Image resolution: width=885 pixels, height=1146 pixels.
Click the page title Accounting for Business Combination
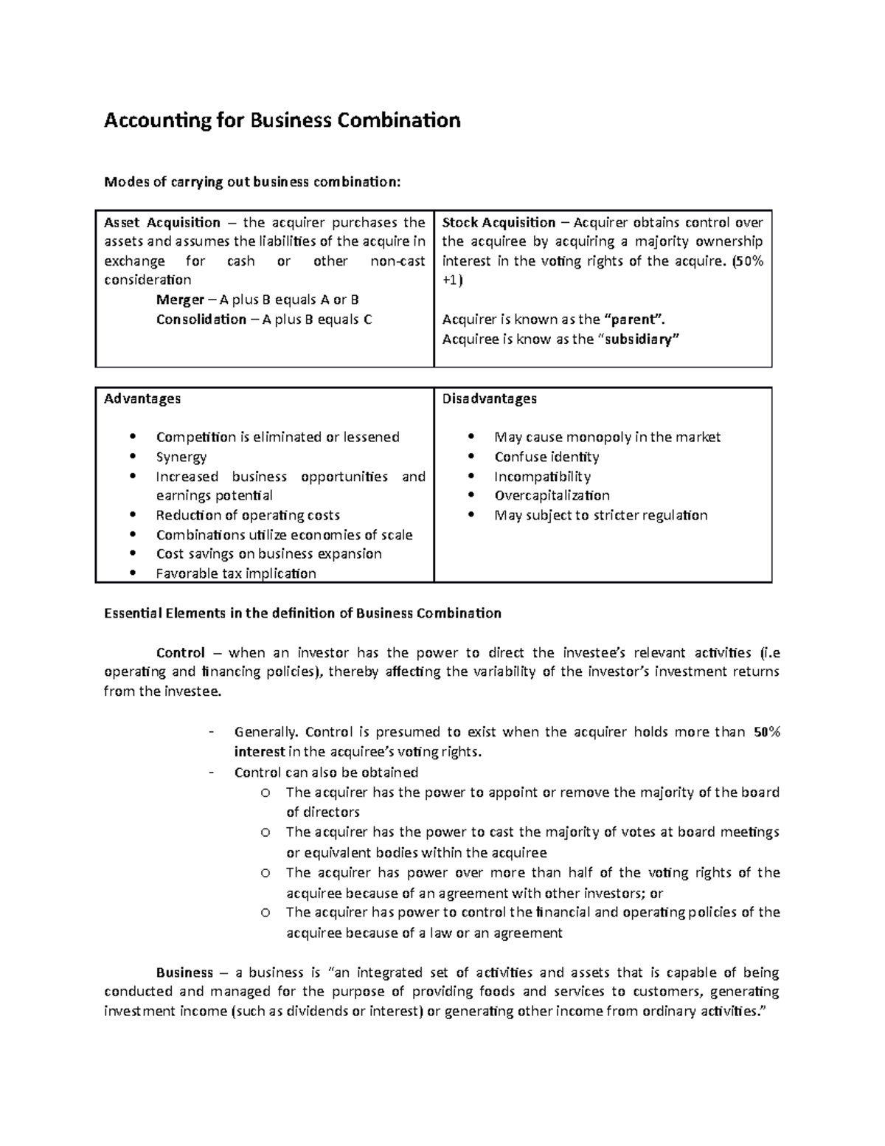(x=282, y=120)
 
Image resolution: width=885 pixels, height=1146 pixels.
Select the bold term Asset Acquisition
(x=162, y=222)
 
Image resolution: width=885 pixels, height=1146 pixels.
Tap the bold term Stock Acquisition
(x=499, y=222)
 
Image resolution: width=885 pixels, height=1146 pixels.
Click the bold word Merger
(x=180, y=300)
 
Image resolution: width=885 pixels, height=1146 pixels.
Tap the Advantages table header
(x=142, y=398)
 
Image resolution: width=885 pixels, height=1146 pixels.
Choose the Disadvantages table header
(x=489, y=398)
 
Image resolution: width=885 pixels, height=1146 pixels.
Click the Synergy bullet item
(x=181, y=457)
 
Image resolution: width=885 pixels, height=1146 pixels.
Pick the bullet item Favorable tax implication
(x=236, y=573)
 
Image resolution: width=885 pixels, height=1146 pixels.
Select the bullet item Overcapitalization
(x=552, y=495)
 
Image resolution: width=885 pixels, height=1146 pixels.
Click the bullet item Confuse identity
(x=546, y=457)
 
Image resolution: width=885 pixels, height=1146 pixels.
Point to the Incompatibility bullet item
(x=542, y=476)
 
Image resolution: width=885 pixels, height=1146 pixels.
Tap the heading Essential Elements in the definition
(x=302, y=612)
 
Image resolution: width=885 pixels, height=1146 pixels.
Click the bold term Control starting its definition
(x=180, y=652)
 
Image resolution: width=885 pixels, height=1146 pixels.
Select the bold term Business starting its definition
(x=184, y=973)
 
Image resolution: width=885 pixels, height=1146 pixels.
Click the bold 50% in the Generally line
(x=766, y=732)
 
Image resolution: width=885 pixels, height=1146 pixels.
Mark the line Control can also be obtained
(x=326, y=772)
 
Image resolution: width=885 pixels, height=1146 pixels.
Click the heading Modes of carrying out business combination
(x=252, y=182)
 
